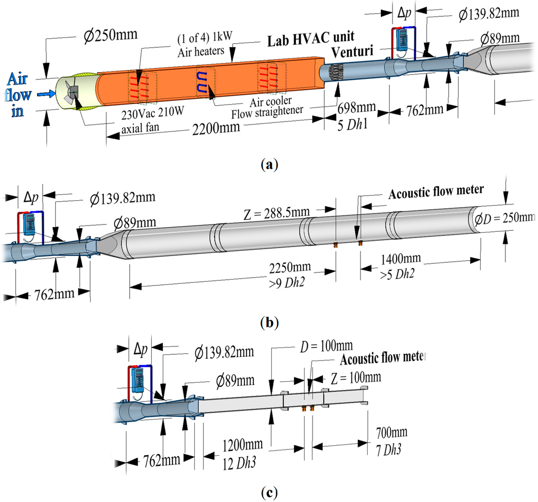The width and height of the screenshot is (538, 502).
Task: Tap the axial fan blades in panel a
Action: pos(72,93)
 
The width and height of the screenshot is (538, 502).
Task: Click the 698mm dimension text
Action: pos(357,108)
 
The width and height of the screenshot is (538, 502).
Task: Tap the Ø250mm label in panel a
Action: pos(111,35)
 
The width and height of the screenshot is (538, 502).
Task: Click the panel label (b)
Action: pos(269,322)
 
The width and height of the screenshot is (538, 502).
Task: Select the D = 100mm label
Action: pos(323,346)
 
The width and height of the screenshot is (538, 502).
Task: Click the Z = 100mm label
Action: pos(353,377)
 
